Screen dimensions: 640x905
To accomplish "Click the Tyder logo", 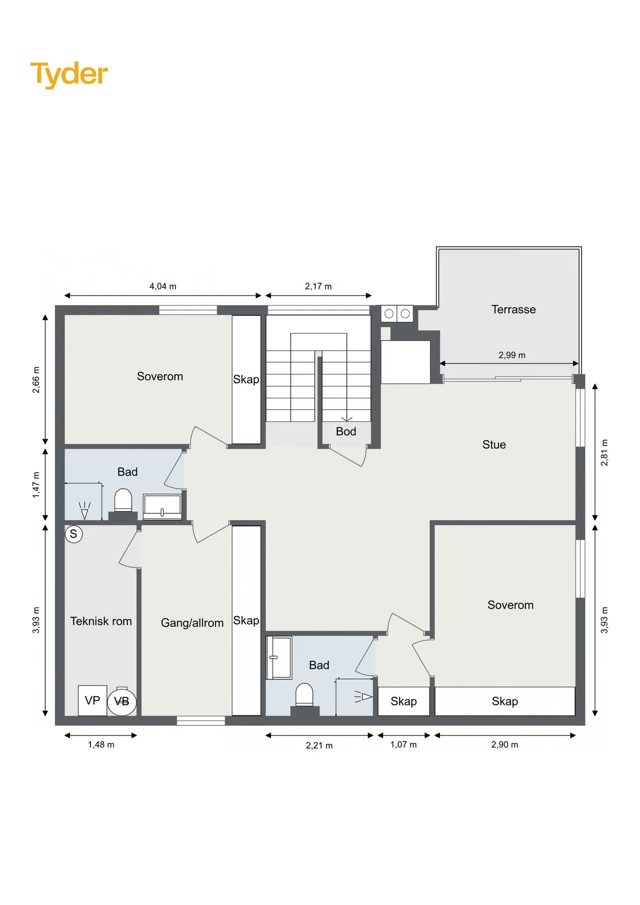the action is [x=69, y=74].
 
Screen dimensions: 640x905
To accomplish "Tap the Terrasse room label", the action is [x=513, y=309].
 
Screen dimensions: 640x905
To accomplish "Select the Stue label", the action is [x=494, y=444].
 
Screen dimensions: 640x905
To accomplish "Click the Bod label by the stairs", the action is [x=346, y=431].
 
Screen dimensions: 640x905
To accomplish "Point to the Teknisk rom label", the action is [x=101, y=621].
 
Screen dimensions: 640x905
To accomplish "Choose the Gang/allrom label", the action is [x=192, y=623].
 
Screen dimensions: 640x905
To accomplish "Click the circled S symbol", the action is [x=73, y=534].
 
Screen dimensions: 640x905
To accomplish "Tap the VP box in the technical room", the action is [x=93, y=700].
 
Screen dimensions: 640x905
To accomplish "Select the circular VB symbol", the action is [x=122, y=701].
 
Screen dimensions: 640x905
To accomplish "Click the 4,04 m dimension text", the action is [x=163, y=287].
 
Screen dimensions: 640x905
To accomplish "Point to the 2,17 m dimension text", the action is [x=318, y=287].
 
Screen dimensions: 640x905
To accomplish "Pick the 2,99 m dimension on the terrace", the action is [x=512, y=355].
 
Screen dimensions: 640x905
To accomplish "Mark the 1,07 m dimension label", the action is [x=403, y=745].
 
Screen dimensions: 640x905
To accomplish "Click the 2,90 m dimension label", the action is [x=504, y=745].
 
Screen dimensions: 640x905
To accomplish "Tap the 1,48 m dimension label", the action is [x=101, y=745].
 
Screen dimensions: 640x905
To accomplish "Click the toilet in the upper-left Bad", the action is [x=123, y=501].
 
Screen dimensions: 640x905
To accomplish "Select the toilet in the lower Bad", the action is [x=305, y=695].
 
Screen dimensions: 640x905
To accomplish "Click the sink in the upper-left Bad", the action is [x=162, y=507].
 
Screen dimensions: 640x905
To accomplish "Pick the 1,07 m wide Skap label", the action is [x=403, y=701].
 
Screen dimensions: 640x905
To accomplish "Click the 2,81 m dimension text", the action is [x=604, y=452].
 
